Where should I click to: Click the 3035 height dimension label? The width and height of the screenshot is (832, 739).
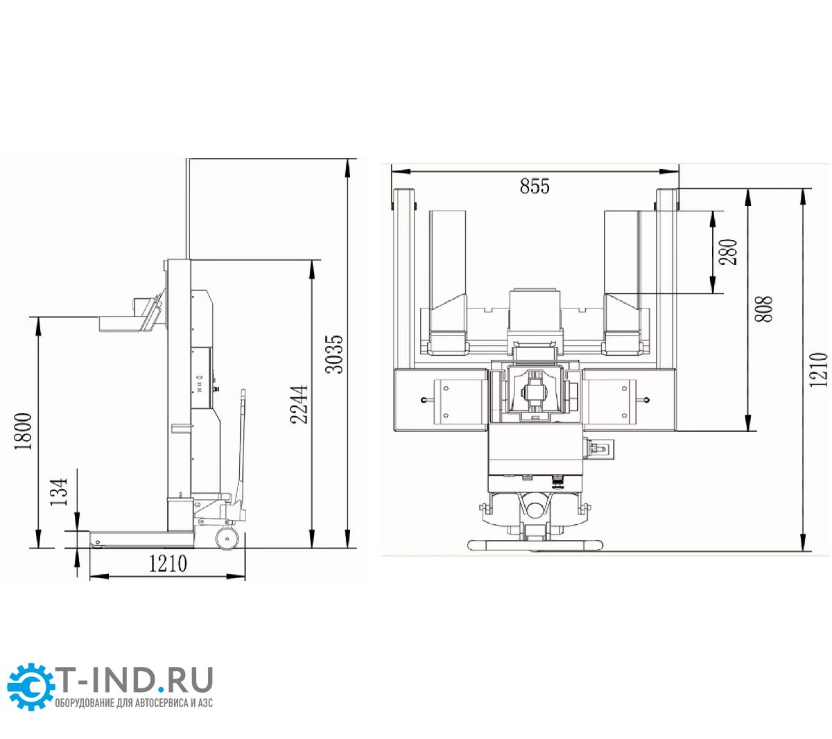pyautogui.click(x=333, y=354)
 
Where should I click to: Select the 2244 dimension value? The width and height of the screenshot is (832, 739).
pyautogui.click(x=299, y=404)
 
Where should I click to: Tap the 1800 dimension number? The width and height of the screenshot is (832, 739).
pyautogui.click(x=23, y=431)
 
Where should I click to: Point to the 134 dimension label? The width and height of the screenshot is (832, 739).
pyautogui.click(x=59, y=492)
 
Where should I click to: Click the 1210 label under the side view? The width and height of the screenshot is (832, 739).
pyautogui.click(x=168, y=564)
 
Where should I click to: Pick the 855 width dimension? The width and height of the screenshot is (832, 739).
pyautogui.click(x=535, y=186)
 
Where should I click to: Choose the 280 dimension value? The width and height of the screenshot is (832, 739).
pyautogui.click(x=728, y=252)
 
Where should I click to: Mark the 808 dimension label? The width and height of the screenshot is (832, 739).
pyautogui.click(x=763, y=309)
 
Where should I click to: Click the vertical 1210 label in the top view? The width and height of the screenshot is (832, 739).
pyautogui.click(x=818, y=369)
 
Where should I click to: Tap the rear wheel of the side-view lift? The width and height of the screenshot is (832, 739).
pyautogui.click(x=227, y=538)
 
